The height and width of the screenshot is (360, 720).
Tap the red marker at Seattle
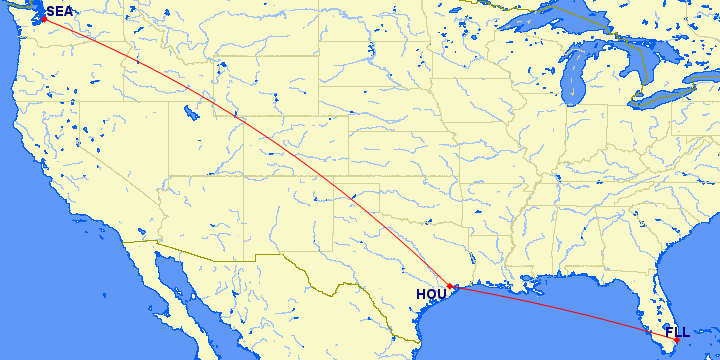point(44,18)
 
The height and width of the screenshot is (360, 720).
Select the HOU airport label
point(431,295)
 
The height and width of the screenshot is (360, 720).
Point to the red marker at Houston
point(451,286)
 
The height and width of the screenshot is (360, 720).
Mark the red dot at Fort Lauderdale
point(677,340)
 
